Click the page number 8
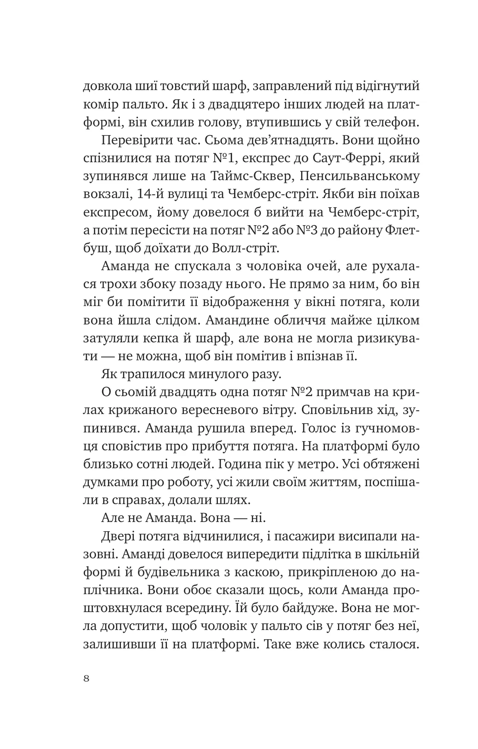87,680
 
